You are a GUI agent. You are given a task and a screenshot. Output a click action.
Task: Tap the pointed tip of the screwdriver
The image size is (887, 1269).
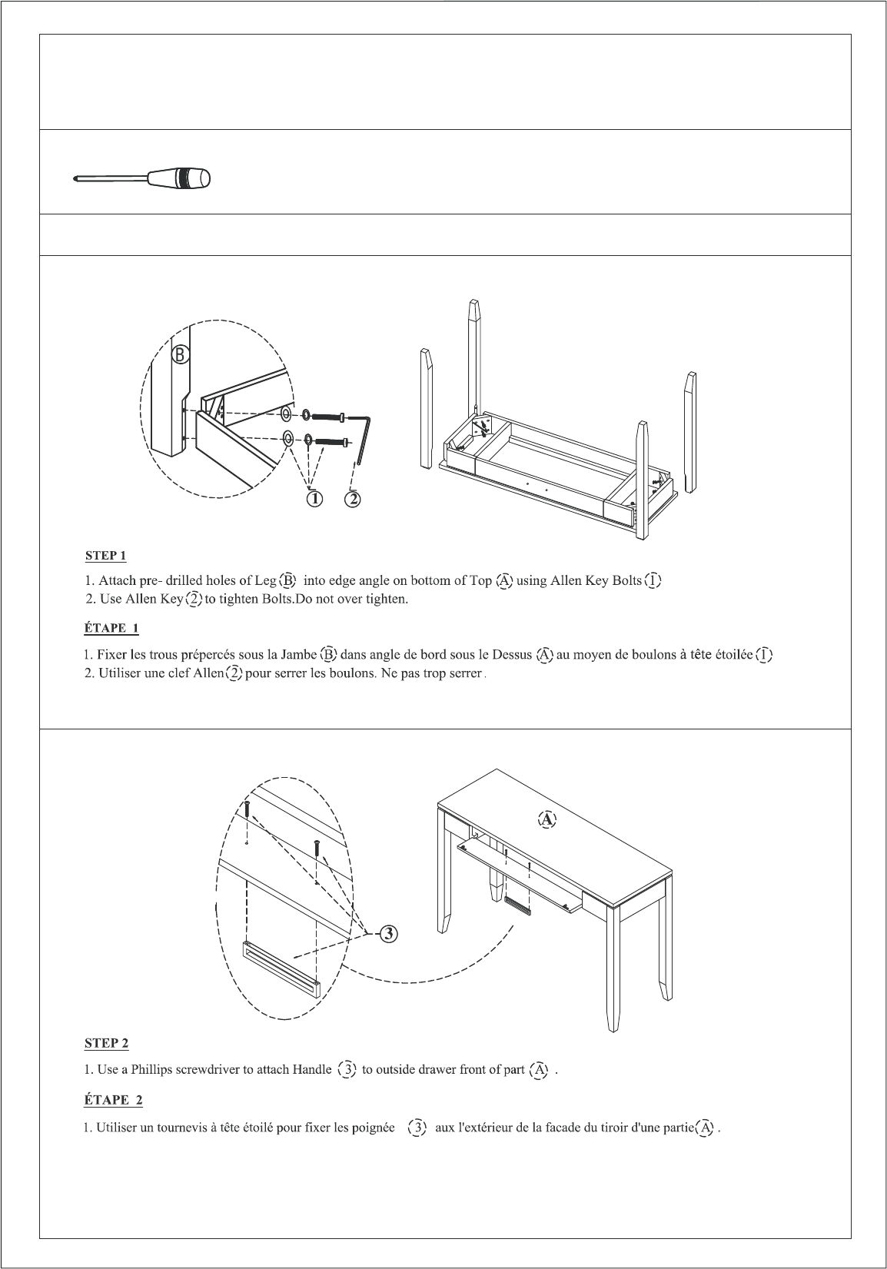[75, 179]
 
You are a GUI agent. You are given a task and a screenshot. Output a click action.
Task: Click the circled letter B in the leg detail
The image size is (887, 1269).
[180, 354]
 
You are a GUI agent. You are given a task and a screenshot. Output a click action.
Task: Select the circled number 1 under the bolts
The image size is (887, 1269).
[314, 499]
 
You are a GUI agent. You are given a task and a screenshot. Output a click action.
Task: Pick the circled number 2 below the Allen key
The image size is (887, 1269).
[352, 499]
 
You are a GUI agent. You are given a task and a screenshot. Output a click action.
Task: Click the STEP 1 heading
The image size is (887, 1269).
[105, 556]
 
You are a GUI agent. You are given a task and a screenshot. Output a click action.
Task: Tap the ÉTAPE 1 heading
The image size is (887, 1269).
[111, 628]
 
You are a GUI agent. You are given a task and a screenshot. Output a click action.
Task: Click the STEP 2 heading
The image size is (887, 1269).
[107, 1043]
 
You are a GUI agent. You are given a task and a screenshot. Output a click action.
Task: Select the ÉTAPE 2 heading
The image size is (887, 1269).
[113, 1100]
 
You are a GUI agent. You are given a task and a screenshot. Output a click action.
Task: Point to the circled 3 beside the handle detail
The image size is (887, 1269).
[389, 933]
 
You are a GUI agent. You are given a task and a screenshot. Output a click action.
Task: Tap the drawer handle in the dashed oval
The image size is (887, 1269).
[281, 968]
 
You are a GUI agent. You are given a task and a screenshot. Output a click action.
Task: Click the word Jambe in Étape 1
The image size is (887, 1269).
[299, 655]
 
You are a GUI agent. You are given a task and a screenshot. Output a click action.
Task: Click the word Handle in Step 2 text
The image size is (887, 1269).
[311, 1070]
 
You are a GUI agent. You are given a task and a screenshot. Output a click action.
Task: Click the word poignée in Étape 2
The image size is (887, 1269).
[373, 1128]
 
